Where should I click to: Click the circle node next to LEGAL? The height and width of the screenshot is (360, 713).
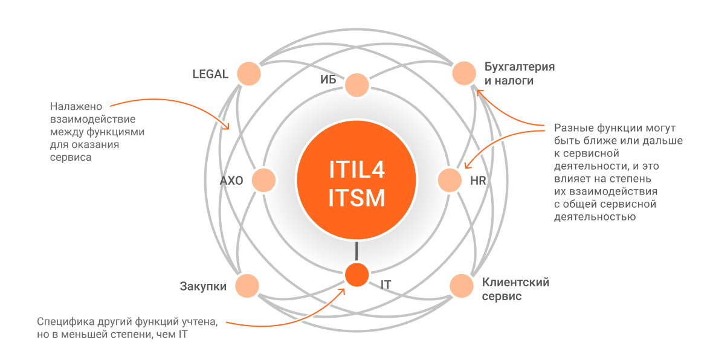(248, 74)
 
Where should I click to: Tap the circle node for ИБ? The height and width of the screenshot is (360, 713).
(357, 85)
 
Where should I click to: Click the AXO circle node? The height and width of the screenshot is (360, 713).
(263, 180)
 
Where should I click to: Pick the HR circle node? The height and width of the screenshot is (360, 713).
(450, 180)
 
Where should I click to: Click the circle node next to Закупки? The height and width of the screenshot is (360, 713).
(247, 285)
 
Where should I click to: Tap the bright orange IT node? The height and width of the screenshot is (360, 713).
(356, 275)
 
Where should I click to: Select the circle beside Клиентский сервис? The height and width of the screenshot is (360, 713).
(462, 286)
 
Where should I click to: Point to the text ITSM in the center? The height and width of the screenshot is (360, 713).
(356, 198)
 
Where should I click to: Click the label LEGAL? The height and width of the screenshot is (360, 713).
(210, 75)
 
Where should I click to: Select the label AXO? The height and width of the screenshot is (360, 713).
(231, 181)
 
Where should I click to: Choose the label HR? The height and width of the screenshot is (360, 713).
(478, 181)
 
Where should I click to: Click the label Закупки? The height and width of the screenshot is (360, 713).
(203, 286)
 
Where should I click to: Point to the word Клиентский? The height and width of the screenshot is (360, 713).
(515, 282)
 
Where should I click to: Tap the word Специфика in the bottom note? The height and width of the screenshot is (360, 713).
(63, 321)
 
